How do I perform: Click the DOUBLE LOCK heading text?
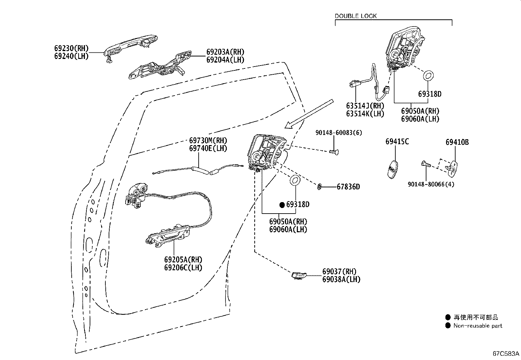[x=355, y=16]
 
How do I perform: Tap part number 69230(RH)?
[x=71, y=48]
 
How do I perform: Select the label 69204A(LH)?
[x=225, y=60]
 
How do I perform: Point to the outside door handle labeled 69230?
[x=130, y=48]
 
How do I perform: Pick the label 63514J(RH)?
[x=365, y=106]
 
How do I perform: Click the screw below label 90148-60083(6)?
[x=334, y=152]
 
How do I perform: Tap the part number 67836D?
[x=348, y=187]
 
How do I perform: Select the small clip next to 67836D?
[x=319, y=186]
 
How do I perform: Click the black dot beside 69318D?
[x=282, y=205]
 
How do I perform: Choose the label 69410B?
[x=457, y=142]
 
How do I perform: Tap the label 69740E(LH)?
[x=208, y=148]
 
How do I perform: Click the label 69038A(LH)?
[x=341, y=279]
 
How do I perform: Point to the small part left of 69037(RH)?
[x=299, y=275]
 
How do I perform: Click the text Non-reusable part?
[x=478, y=326]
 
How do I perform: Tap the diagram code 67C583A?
[x=506, y=353]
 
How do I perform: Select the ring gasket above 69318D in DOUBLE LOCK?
[x=428, y=75]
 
